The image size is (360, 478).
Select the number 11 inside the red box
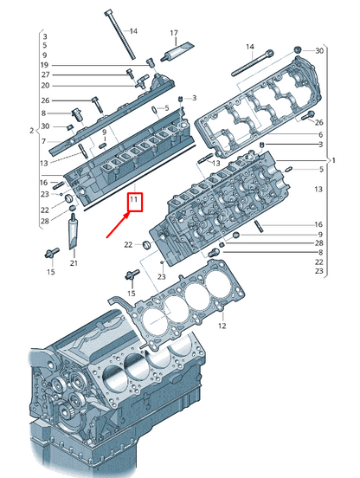(134, 202)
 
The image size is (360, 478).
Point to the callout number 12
(222, 326)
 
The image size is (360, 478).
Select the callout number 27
(44, 75)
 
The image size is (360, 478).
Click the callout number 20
(44, 86)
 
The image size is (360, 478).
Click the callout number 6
(318, 134)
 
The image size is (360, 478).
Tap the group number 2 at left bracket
(30, 131)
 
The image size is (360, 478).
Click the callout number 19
(44, 66)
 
